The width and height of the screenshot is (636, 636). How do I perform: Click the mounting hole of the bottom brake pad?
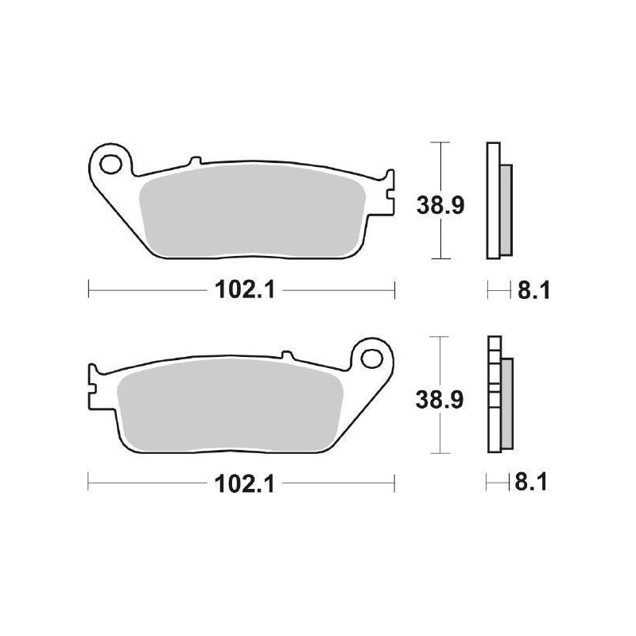(371, 356)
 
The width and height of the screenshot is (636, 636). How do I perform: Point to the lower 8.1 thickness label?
(534, 483)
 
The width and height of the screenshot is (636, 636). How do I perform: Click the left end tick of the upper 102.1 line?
(88, 291)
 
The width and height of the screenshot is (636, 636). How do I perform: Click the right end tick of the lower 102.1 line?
(394, 483)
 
